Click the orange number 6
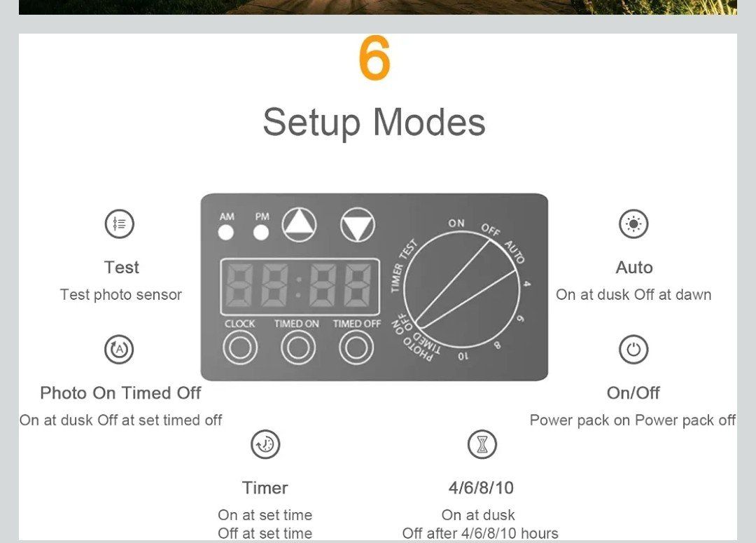(374, 57)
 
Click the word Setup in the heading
(311, 123)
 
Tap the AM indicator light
(225, 233)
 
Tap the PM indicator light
(261, 233)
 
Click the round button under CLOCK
(240, 348)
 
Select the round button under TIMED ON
(298, 348)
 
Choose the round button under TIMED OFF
(356, 348)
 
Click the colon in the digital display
(299, 287)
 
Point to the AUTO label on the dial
(514, 252)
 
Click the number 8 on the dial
(497, 345)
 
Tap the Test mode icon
(119, 224)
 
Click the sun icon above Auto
(633, 224)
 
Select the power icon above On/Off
(633, 350)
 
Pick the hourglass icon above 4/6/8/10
(482, 444)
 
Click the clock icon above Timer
(265, 444)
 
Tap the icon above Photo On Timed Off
(119, 350)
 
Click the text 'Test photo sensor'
(121, 294)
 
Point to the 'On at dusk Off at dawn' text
(633, 294)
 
